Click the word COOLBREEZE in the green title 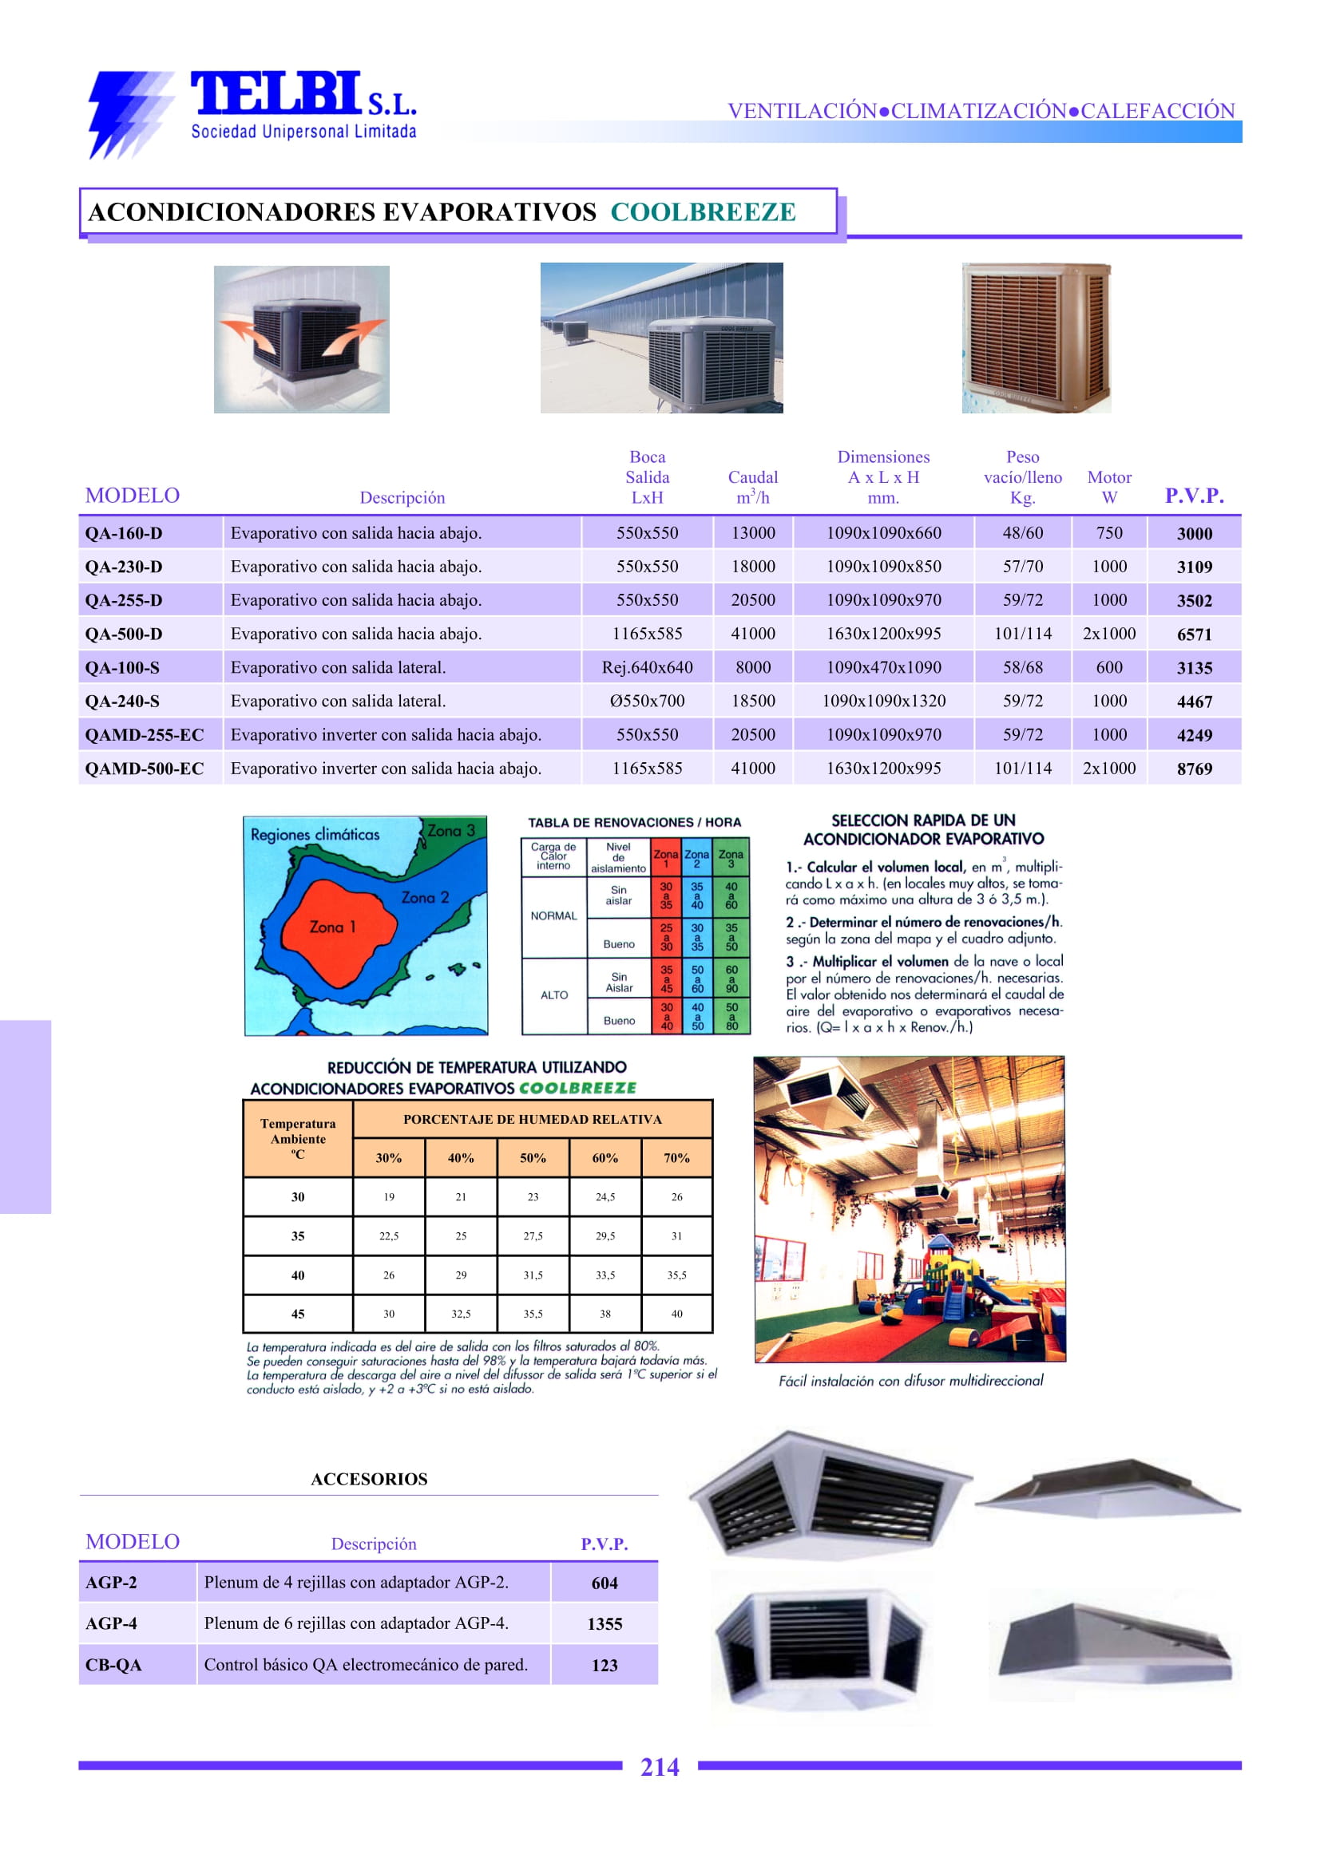(703, 212)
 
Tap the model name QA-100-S (123, 668)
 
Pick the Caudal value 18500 (752, 702)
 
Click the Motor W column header (1109, 487)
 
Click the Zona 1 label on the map (332, 927)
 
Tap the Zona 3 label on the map (450, 830)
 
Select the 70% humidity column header (676, 1158)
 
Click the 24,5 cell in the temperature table (605, 1197)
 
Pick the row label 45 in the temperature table (298, 1315)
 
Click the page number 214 (659, 1767)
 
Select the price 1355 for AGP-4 (605, 1624)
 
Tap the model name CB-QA (113, 1665)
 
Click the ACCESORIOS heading (369, 1480)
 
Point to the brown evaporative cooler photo (1036, 337)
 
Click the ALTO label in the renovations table (553, 995)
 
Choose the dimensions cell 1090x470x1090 (883, 668)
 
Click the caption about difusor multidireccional (910, 1382)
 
